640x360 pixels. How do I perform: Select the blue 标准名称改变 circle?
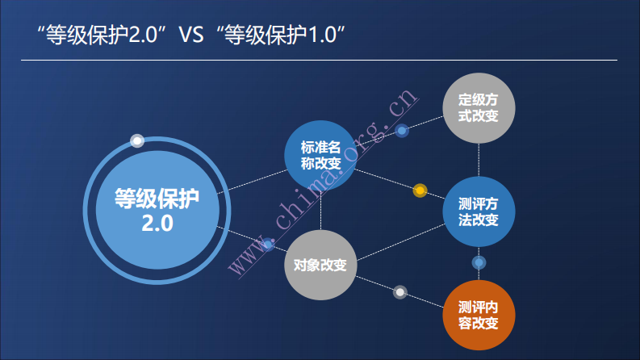point(321,156)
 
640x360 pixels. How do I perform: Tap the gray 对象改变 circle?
point(320,265)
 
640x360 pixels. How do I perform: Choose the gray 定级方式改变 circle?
point(479,107)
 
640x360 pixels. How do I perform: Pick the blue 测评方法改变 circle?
point(479,212)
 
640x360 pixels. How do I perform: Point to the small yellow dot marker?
point(420,190)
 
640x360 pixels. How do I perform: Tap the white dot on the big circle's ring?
point(138,140)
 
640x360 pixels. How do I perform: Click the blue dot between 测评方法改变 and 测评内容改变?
point(479,262)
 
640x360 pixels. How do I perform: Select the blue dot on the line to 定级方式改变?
point(401,130)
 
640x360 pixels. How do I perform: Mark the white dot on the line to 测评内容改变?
point(399,291)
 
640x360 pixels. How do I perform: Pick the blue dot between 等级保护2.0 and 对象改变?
point(268,244)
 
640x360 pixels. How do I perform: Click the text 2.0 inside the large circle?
point(157,224)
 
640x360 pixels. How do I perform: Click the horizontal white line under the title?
point(319,61)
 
